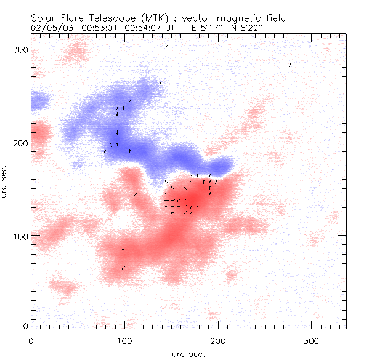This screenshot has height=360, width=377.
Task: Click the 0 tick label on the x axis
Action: [x=31, y=340]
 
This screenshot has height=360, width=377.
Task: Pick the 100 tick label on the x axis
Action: [x=124, y=340]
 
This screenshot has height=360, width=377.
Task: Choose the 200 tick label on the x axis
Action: [x=218, y=340]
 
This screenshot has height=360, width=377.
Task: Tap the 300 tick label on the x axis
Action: [x=312, y=340]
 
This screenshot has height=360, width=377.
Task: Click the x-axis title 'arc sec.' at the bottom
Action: [x=188, y=353]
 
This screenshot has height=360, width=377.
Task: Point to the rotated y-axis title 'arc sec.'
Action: [x=5, y=182]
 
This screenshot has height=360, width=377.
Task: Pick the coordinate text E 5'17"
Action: [x=211, y=28]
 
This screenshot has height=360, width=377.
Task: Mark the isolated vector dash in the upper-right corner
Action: [x=290, y=64]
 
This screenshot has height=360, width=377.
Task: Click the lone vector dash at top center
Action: [x=166, y=46]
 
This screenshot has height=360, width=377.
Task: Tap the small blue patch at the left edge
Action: [x=40, y=100]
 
